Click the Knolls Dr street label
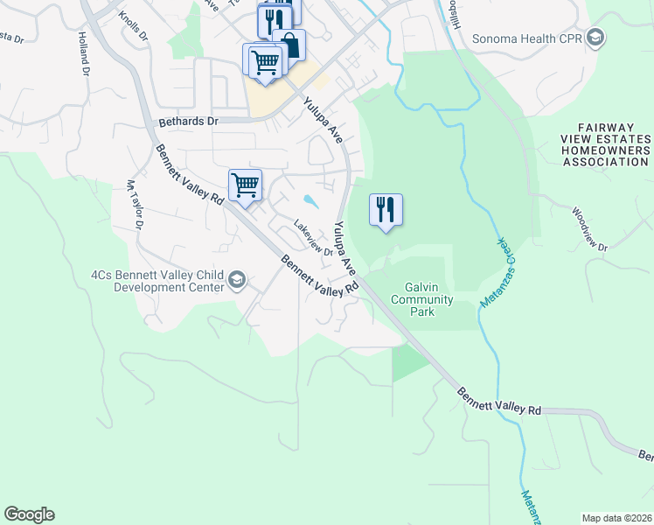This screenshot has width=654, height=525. coord(134,28)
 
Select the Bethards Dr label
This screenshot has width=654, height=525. coord(187,122)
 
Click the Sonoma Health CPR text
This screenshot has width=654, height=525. coord(526,38)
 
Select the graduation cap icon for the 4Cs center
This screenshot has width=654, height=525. coord(236,280)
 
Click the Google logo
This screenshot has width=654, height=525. coord(29,514)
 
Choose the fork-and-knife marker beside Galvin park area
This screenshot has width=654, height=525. coord(386,210)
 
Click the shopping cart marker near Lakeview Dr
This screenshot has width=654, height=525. coord(245,185)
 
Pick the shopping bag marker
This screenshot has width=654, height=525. coord(289,45)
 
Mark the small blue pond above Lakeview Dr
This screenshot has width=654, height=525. coord(311,199)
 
